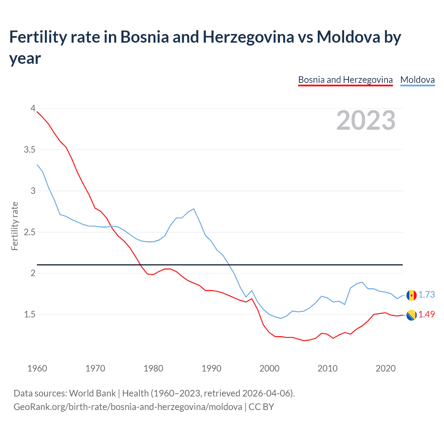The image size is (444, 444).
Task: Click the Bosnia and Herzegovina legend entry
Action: (345, 80)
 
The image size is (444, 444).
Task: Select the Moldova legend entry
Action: (417, 80)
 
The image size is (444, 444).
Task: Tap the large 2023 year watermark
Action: (366, 120)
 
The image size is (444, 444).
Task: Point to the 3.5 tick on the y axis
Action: (29, 150)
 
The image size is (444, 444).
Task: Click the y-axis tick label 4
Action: (33, 108)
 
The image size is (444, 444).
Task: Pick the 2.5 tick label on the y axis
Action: (29, 232)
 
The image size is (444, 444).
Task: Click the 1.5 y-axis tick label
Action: (29, 314)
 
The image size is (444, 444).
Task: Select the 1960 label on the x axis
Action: (37, 368)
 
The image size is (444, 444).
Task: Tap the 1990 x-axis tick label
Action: (211, 368)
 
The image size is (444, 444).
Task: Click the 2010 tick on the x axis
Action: (327, 368)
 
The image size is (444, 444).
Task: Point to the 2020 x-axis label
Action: (385, 368)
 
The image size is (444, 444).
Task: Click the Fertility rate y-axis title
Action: (15, 226)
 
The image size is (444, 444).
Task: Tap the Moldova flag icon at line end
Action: (411, 295)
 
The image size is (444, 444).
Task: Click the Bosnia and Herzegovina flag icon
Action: (411, 315)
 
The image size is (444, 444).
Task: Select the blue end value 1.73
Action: (427, 294)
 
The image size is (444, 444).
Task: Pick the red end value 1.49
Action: (427, 314)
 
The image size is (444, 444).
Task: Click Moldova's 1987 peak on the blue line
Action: (194, 209)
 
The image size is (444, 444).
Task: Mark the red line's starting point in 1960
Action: (37, 112)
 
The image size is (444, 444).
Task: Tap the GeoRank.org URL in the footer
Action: (128, 407)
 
